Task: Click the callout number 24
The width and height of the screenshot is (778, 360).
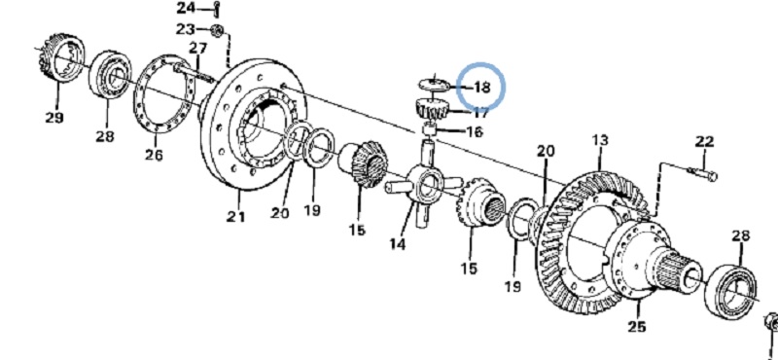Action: [187, 8]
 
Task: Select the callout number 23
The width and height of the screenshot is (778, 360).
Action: [186, 29]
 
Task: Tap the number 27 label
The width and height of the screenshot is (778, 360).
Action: [197, 49]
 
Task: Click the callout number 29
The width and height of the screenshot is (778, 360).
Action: [54, 118]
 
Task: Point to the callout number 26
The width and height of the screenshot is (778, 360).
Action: [154, 155]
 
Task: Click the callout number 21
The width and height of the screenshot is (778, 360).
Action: [236, 216]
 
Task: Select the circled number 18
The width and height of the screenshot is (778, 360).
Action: [481, 88]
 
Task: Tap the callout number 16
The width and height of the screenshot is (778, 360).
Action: [475, 131]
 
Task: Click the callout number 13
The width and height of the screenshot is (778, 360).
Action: [600, 140]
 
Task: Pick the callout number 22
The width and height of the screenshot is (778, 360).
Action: [704, 141]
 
